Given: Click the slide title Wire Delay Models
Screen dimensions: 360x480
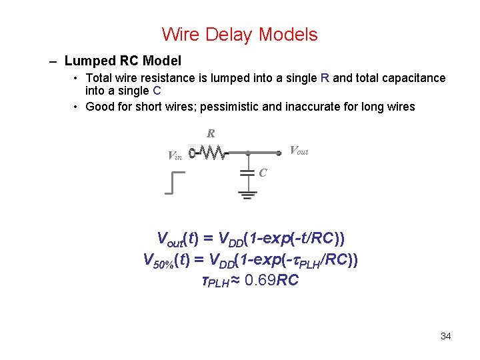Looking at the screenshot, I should point(239,34).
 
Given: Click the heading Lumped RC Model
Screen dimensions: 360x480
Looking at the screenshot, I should point(123,61).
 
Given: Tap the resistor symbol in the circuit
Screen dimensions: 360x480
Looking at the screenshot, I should point(212,153).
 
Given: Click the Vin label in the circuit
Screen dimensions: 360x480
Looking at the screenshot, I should point(175,157).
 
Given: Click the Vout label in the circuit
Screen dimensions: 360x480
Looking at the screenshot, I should point(298,151).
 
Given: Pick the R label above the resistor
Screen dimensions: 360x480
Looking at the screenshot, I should point(211,134).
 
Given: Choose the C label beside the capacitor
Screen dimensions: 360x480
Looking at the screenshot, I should point(263,173).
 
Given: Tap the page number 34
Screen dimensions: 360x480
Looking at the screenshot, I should point(446,336).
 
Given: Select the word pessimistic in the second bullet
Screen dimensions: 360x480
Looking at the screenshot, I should point(253,107).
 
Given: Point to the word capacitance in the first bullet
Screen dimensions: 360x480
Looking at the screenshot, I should point(413,78).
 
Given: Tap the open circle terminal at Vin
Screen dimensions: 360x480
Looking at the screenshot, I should point(191,153).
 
